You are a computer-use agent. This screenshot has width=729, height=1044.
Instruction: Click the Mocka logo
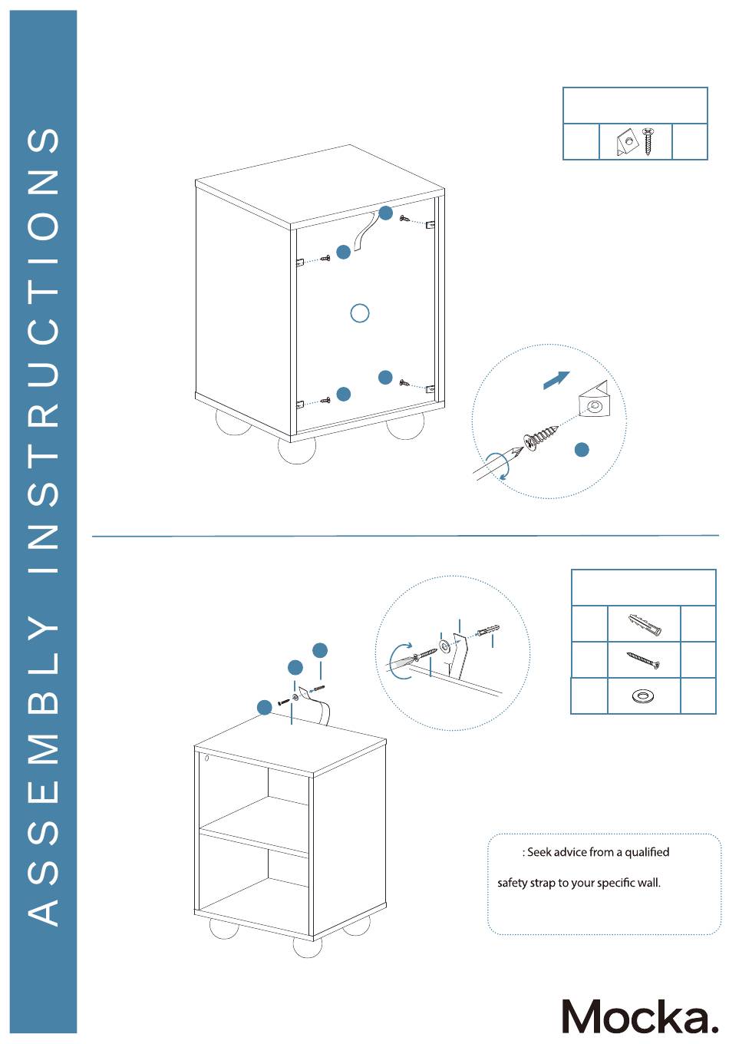coord(639,1016)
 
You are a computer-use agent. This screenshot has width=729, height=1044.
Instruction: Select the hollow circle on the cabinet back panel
coord(359,313)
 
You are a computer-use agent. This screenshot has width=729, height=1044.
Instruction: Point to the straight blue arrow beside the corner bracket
coord(556,379)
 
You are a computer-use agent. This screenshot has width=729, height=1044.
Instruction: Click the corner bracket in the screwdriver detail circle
coord(594,400)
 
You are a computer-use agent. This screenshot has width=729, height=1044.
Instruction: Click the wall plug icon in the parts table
coord(644,624)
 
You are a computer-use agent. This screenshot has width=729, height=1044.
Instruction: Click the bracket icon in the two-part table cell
coord(627,143)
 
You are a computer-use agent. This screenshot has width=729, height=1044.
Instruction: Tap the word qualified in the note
coord(647,852)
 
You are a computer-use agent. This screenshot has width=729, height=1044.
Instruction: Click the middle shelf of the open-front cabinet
coord(253,826)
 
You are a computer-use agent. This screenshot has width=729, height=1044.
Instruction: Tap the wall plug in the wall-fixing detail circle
coord(488,632)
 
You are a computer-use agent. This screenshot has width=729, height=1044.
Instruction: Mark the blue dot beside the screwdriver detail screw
coord(582,450)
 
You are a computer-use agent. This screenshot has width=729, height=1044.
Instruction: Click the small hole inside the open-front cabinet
coord(206,758)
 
